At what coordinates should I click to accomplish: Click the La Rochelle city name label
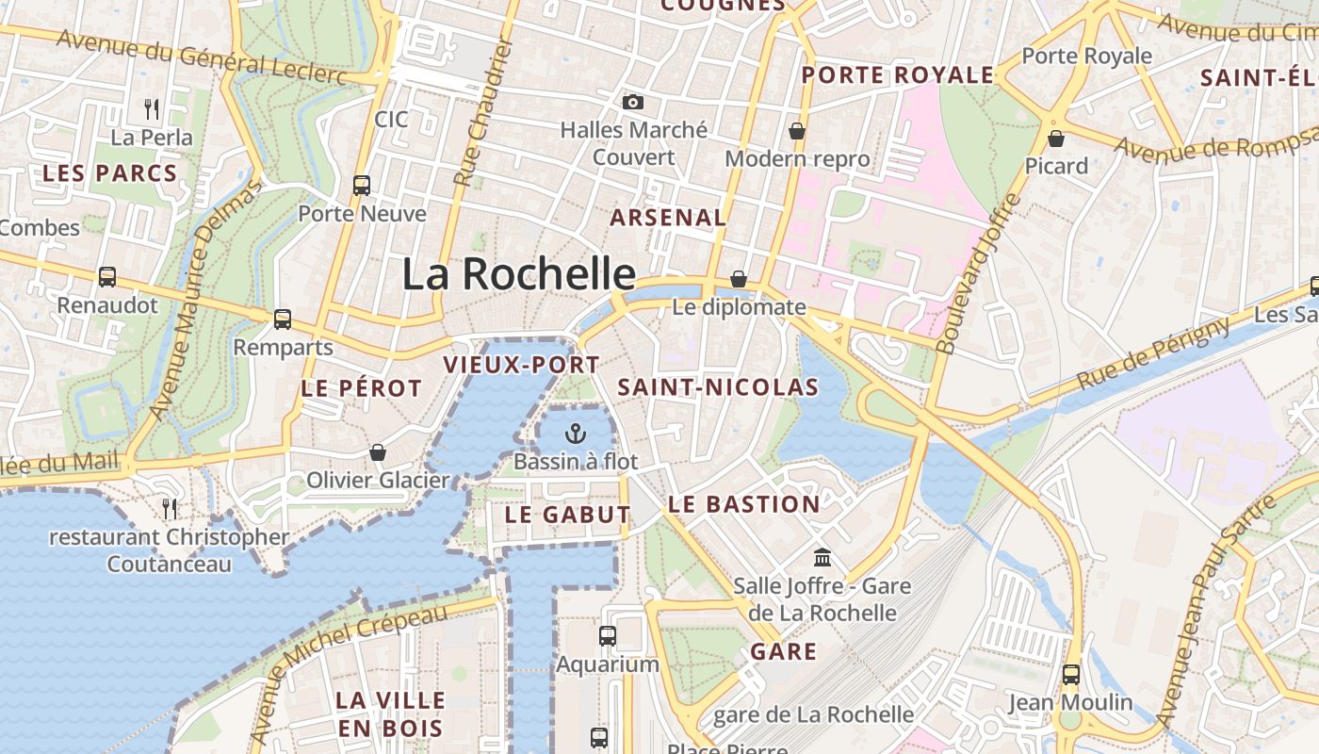[519, 274]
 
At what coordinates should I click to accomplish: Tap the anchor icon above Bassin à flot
[575, 433]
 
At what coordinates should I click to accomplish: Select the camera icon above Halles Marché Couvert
[633, 102]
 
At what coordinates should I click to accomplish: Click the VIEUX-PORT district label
[521, 365]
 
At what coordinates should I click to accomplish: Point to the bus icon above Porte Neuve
[362, 185]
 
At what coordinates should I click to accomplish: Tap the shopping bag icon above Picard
[1056, 139]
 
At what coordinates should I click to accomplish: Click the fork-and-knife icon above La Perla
[152, 109]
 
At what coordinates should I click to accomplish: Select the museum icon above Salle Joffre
[822, 557]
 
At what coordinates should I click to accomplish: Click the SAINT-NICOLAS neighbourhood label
[718, 387]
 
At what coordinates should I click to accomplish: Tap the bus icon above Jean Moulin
[1070, 674]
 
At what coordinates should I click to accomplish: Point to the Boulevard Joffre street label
[979, 274]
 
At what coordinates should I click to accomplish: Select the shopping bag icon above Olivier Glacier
[378, 452]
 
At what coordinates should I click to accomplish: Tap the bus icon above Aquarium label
[608, 635]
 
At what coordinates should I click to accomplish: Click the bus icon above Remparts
[283, 319]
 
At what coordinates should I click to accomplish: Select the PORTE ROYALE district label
[897, 75]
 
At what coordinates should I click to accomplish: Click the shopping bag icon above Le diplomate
[739, 279]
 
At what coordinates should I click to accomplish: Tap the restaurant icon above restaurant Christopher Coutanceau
[170, 508]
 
